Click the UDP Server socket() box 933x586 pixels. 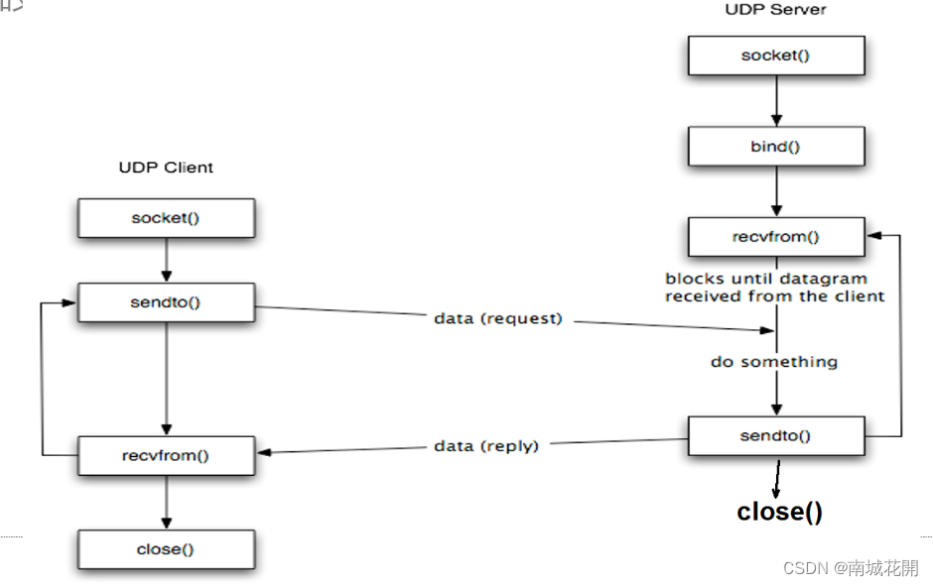pos(775,56)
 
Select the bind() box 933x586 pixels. pos(775,147)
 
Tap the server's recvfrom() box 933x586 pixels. pos(775,237)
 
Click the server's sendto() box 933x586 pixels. pos(775,435)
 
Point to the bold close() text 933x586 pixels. pos(779,512)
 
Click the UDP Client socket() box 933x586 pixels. pos(166,218)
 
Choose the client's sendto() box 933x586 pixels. pos(166,302)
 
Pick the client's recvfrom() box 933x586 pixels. pos(166,455)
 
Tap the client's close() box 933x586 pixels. pos(166,548)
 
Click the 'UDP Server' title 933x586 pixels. pos(775,10)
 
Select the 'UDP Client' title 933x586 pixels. pos(166,168)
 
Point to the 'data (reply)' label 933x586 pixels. pos(486,446)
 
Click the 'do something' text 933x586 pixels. pos(774,362)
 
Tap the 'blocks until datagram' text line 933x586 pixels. pos(765,279)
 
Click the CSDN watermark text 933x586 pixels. pos(851,567)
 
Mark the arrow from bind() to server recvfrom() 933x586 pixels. pos(775,191)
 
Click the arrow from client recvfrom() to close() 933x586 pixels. pos(166,502)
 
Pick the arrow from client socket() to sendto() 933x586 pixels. pos(166,260)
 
